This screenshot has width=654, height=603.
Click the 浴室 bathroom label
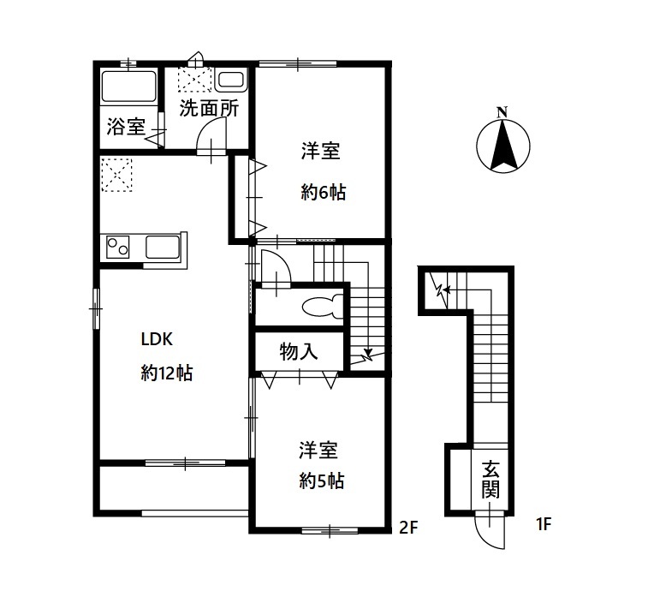pyautogui.click(x=126, y=128)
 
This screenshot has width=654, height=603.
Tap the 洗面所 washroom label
pyautogui.click(x=208, y=109)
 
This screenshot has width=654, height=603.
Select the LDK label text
pyautogui.click(x=157, y=339)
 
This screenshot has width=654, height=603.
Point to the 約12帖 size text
pyautogui.click(x=166, y=373)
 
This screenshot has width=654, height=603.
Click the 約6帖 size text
pyautogui.click(x=323, y=193)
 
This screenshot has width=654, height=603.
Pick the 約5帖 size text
pyautogui.click(x=322, y=481)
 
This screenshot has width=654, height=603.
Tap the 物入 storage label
pyautogui.click(x=299, y=351)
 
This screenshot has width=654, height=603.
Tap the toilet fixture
pyautogui.click(x=324, y=306)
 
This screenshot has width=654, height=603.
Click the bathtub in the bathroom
pyautogui.click(x=128, y=87)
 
